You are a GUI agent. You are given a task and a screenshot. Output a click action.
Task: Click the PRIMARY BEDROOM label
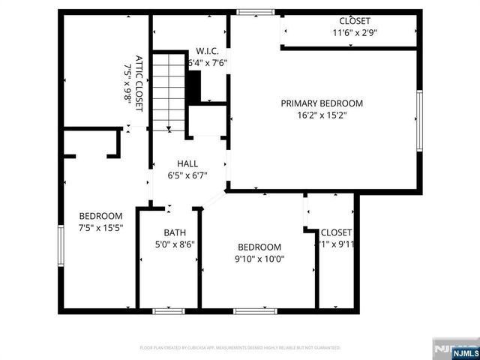tap(322, 103)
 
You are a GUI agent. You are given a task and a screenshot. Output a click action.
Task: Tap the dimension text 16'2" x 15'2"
tap(322, 115)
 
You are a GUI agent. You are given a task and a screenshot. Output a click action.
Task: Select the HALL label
tap(187, 163)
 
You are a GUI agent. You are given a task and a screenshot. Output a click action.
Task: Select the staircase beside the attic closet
tap(169, 90)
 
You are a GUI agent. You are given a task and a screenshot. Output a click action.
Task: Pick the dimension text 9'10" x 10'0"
tap(259, 259)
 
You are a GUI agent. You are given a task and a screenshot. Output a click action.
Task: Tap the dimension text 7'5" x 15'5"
tap(100, 228)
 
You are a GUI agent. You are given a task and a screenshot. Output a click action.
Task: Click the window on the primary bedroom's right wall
tap(419, 120)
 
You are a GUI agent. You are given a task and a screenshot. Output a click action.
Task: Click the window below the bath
tap(169, 310)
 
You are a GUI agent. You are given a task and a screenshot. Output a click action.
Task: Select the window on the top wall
tap(256, 12)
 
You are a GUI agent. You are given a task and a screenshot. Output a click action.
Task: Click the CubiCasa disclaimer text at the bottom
tap(240, 348)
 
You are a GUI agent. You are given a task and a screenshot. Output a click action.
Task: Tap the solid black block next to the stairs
tap(194, 87)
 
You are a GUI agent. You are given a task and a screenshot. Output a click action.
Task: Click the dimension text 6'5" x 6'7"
tap(187, 175)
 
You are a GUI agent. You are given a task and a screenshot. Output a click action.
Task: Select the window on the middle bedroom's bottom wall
tap(255, 310)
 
